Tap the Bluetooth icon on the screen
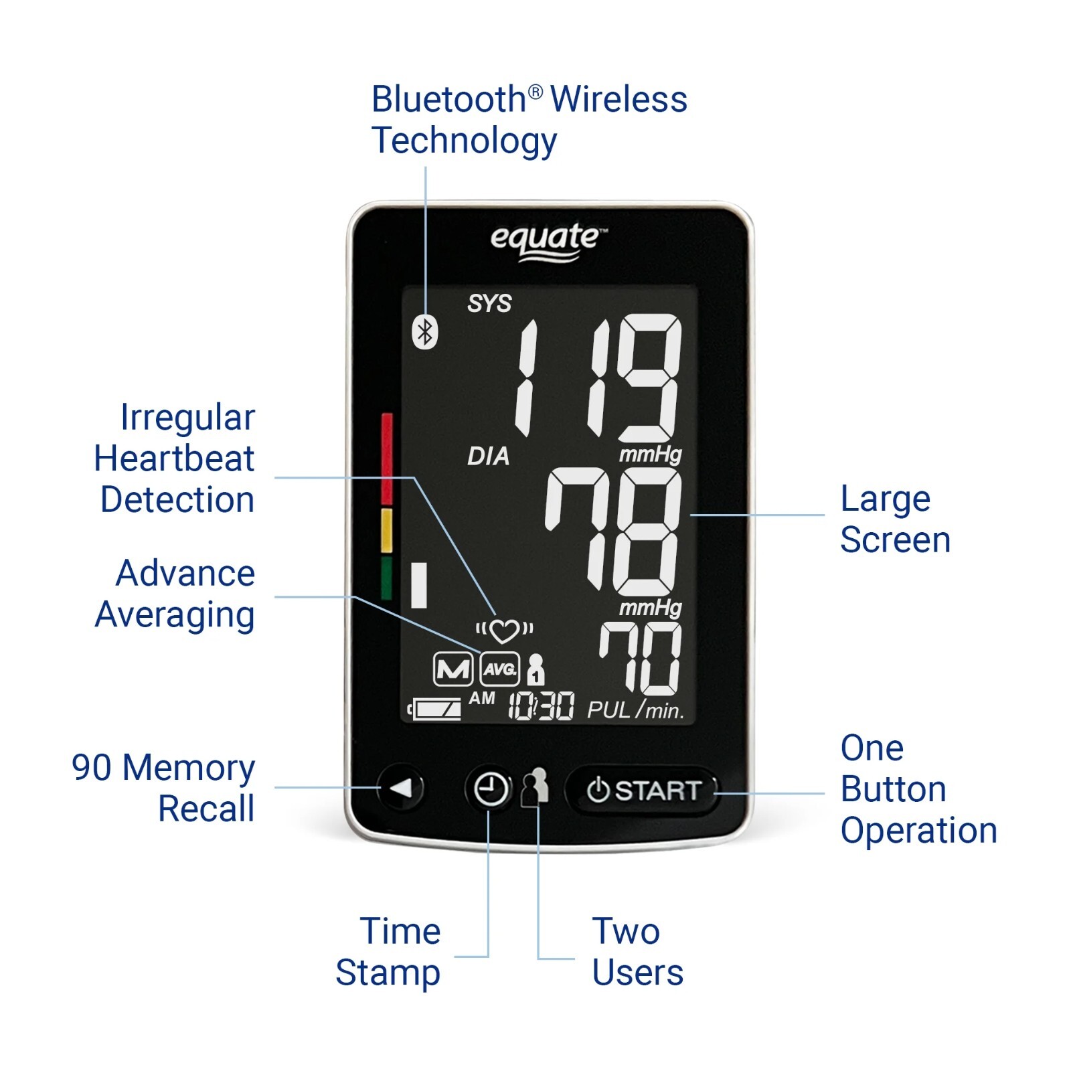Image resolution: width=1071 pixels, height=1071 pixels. pos(424,331)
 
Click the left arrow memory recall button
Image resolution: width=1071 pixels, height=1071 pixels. pos(402,789)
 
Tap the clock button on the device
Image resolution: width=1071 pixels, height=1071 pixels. pos(490,789)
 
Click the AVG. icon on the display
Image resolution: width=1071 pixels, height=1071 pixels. pos(500,669)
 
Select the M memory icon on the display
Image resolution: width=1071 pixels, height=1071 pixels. pos(453,669)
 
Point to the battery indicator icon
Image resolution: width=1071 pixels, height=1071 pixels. pos(436,709)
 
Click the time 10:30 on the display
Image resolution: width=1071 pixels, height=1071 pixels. pos(541,706)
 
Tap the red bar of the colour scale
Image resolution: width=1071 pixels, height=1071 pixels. pos(387,459)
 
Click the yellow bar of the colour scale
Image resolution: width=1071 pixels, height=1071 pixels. pos(386,530)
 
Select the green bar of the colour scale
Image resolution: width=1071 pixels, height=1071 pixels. pos(386,578)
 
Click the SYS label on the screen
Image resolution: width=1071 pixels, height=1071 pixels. pos(489,304)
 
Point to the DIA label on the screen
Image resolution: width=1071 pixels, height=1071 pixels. pos(488,457)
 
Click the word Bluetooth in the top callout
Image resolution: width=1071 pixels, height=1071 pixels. pos(449,100)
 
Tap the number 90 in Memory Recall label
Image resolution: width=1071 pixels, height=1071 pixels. pos(91,768)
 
